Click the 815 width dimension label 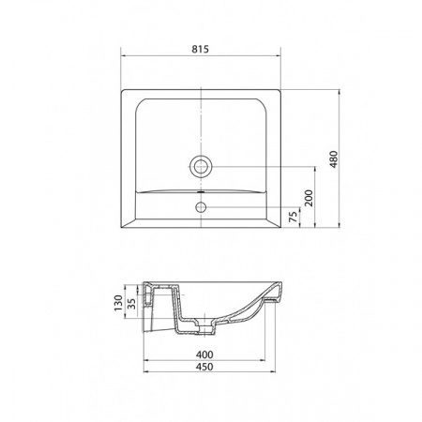pyautogui.click(x=201, y=50)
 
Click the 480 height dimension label pyautogui.click(x=334, y=159)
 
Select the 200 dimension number pyautogui.click(x=309, y=198)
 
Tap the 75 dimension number pyautogui.click(x=293, y=217)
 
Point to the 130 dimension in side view pyautogui.click(x=118, y=303)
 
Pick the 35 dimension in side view pyautogui.click(x=132, y=304)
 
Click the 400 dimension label pyautogui.click(x=204, y=354)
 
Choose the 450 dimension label pyautogui.click(x=204, y=367)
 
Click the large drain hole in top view pyautogui.click(x=201, y=166)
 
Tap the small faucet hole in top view pyautogui.click(x=201, y=206)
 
